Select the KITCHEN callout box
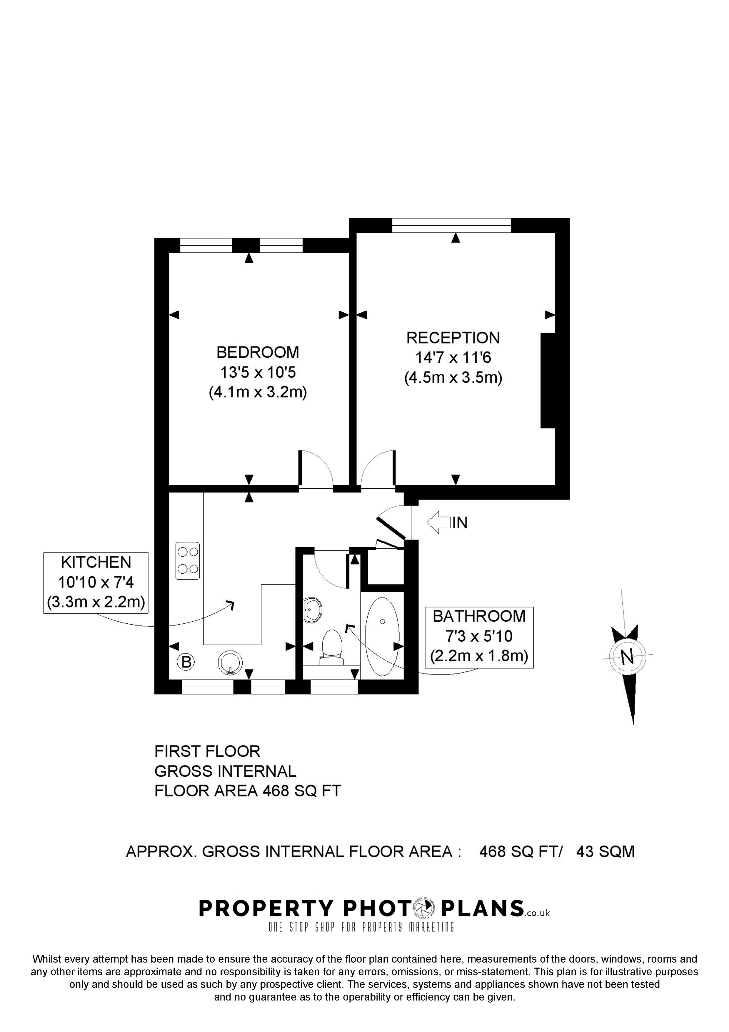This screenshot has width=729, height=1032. click(x=96, y=582)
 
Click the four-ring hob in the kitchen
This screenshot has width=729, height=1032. click(x=188, y=561)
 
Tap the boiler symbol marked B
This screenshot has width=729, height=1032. click(x=186, y=662)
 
